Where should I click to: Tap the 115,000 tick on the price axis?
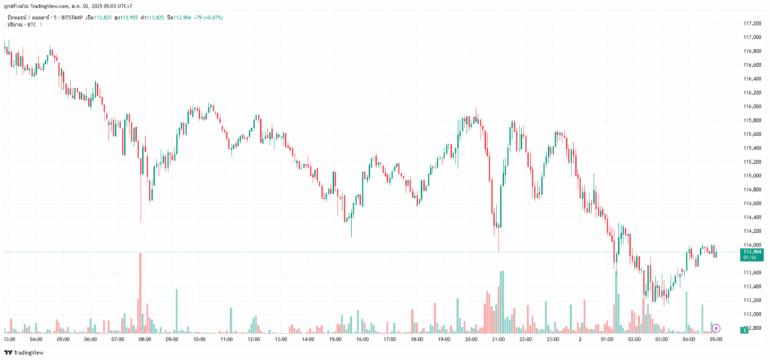click(x=752, y=175)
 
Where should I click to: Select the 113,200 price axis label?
click(x=752, y=300)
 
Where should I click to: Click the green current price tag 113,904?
click(x=752, y=252)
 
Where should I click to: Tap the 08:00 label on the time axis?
click(x=145, y=340)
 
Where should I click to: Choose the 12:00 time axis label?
click(x=253, y=340)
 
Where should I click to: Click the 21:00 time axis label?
click(x=498, y=340)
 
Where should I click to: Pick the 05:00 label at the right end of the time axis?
click(x=715, y=340)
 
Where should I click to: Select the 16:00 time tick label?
click(x=362, y=340)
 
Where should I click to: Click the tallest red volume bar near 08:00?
click(x=140, y=293)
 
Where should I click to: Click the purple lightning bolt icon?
click(x=716, y=328)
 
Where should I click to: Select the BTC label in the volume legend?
click(x=30, y=25)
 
